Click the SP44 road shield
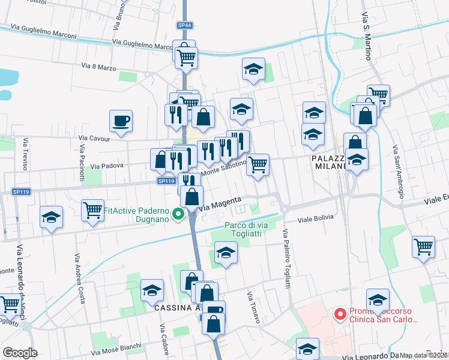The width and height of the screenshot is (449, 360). click(x=184, y=25)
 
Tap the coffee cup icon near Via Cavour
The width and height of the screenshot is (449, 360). click(x=121, y=121)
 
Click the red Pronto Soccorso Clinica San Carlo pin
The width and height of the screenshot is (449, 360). click(x=340, y=313)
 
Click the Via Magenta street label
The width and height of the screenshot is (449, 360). click(x=220, y=203)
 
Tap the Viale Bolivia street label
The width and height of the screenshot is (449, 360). click(x=316, y=220)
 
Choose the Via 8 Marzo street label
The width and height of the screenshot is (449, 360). click(x=99, y=67)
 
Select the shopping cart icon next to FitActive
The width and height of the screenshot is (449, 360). click(x=93, y=211)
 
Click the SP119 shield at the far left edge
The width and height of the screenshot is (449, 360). click(x=20, y=192)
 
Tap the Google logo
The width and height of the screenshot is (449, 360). click(x=20, y=352)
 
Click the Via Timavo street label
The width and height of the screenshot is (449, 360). click(x=253, y=308)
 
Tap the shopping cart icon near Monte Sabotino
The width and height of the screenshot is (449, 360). click(x=258, y=164)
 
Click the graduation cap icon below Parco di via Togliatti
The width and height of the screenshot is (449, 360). click(x=225, y=253)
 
